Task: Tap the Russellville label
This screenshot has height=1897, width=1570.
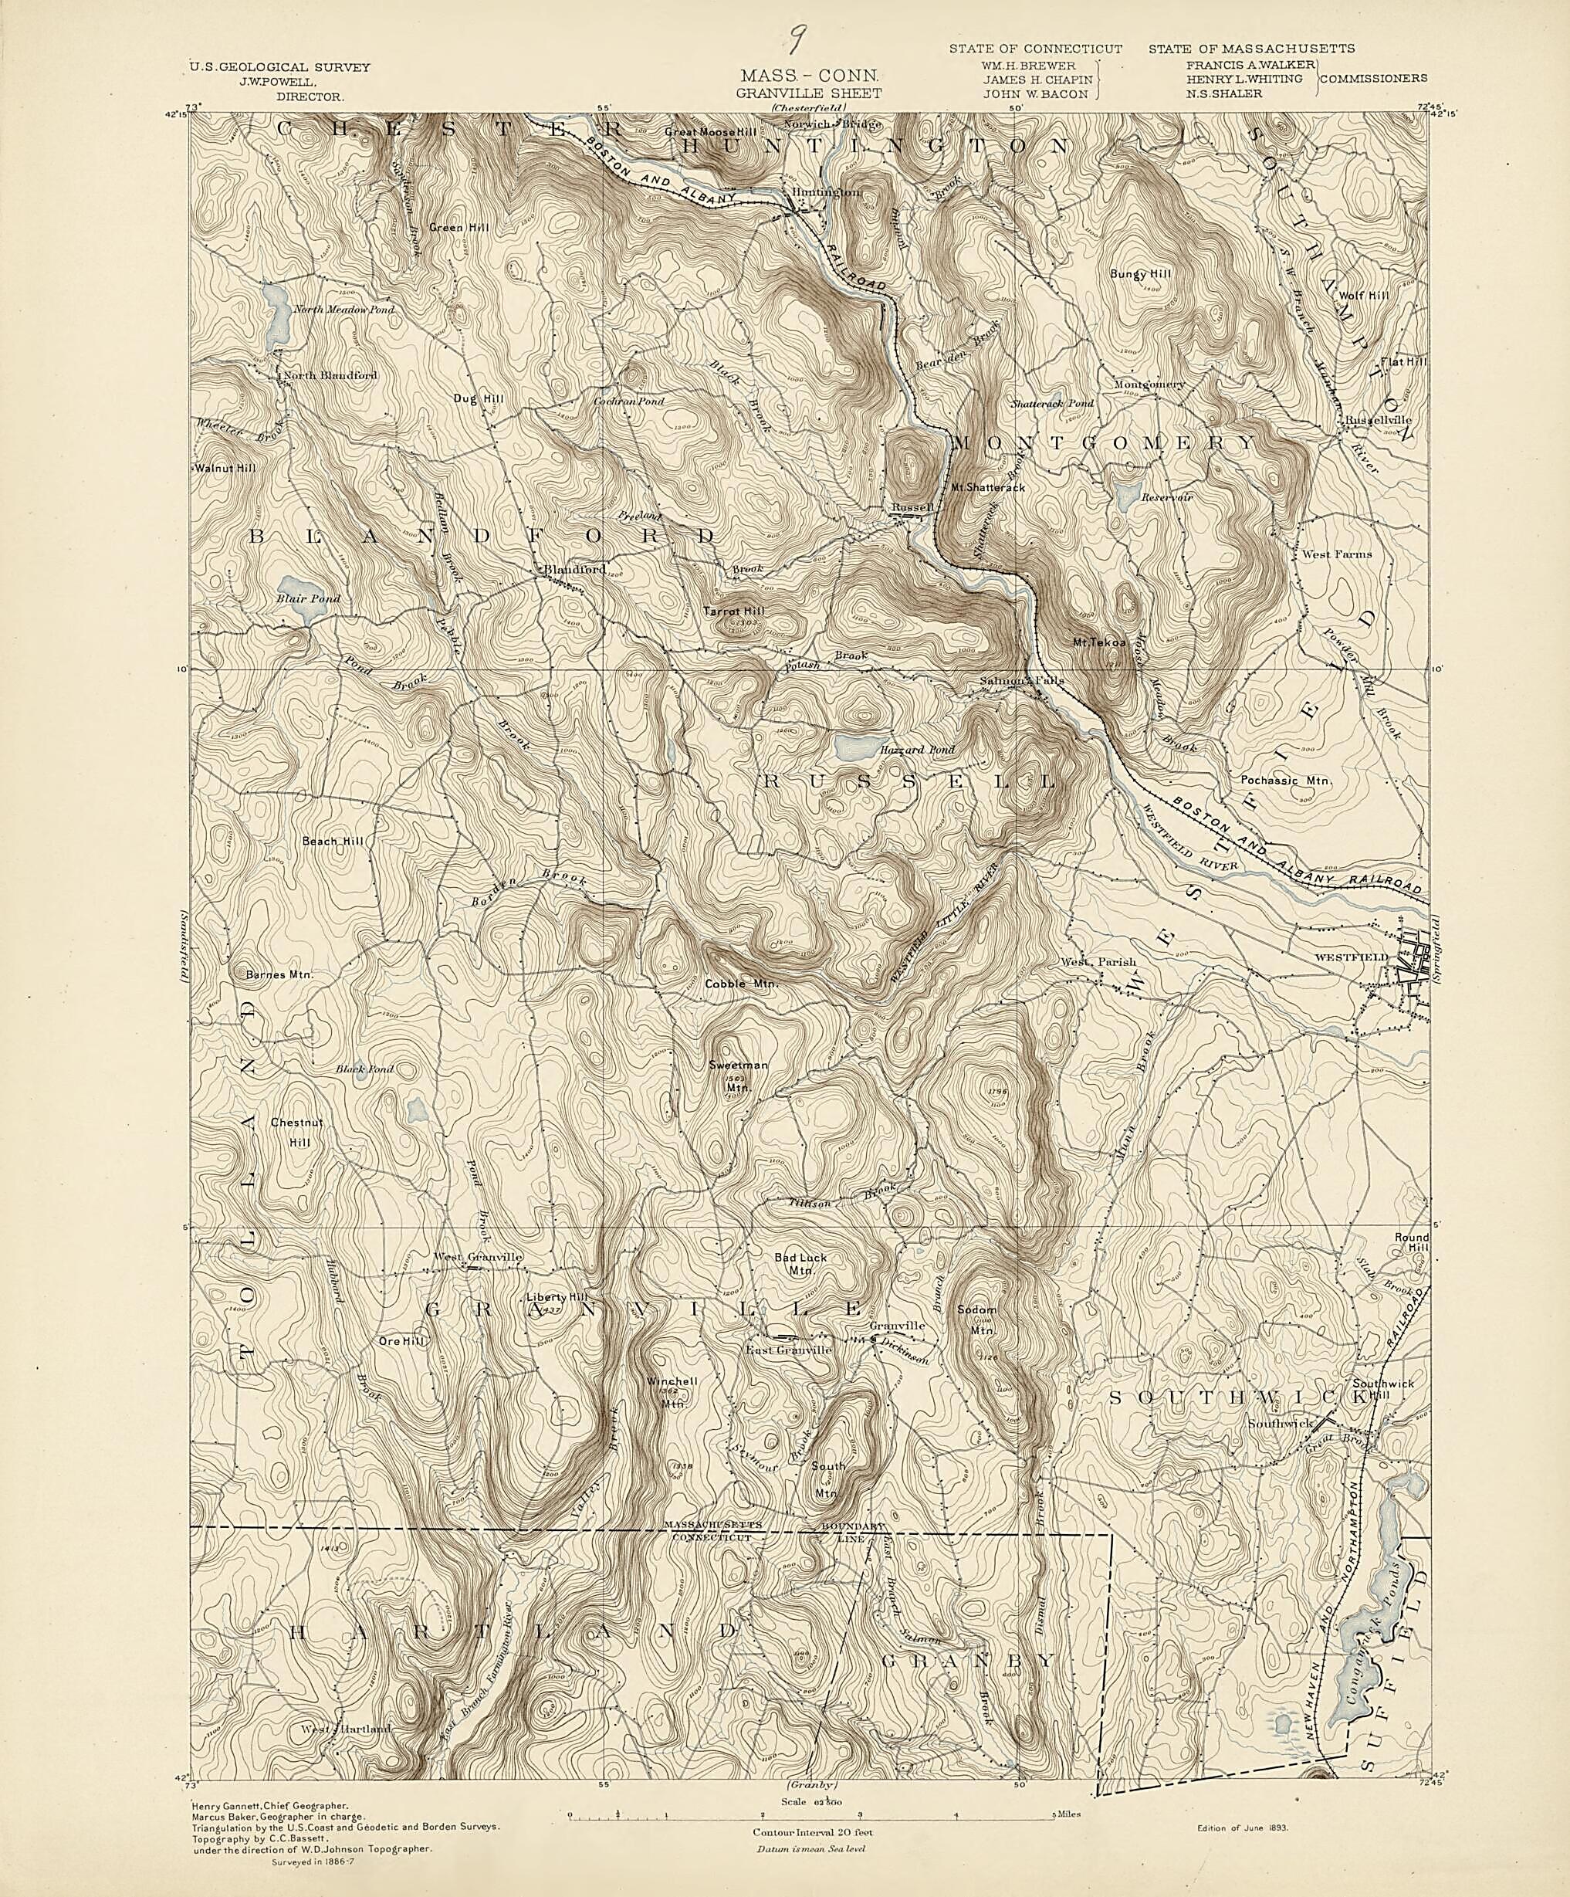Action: pyautogui.click(x=1378, y=420)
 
